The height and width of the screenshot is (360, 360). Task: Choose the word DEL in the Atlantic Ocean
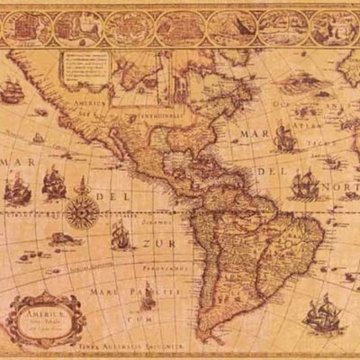(x=269, y=170)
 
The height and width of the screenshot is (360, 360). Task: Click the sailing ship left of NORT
(x=305, y=184)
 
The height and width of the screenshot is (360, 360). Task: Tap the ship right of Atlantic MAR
(x=285, y=138)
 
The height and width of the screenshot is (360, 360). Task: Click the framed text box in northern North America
(x=86, y=67)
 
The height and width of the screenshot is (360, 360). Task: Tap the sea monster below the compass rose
(x=61, y=239)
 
